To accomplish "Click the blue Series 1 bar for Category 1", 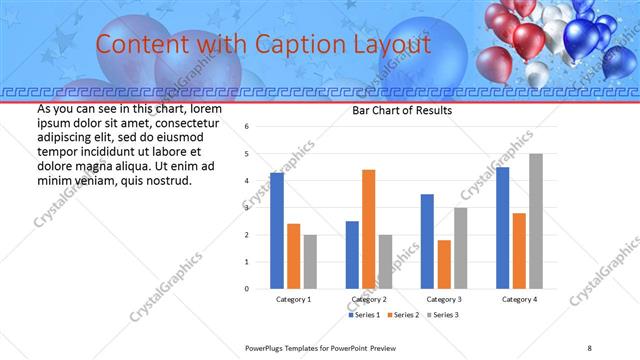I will pos(277,231).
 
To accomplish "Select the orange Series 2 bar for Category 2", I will pos(368,229).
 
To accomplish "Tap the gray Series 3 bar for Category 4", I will pos(535,221).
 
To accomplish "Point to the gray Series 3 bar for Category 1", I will pos(310,262).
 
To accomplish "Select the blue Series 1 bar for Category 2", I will pos(352,255).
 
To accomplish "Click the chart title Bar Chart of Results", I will pos(402,110).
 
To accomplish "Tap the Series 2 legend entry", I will pos(402,315).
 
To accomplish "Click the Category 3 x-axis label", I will pos(443,299).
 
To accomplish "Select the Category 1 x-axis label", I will pos(293,299).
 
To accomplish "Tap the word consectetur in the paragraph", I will pos(186,121).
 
